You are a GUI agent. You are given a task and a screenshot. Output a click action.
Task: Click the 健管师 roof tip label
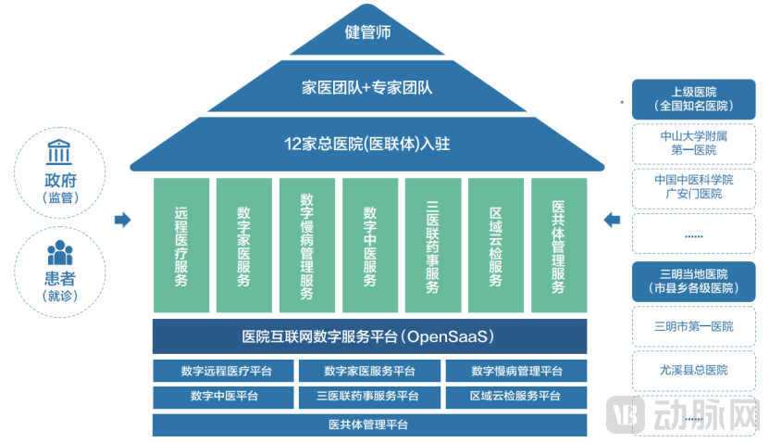(x=368, y=32)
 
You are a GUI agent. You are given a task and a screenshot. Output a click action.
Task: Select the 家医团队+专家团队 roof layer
(x=368, y=88)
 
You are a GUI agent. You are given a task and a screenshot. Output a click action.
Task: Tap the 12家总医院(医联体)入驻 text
(x=368, y=144)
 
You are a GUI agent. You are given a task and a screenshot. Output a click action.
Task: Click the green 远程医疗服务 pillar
(x=180, y=245)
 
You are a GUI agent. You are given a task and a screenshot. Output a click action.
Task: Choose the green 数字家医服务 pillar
(x=243, y=245)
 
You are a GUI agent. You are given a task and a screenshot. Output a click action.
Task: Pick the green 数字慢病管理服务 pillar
(x=306, y=245)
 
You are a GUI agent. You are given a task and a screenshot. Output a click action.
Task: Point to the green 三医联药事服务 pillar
(x=432, y=245)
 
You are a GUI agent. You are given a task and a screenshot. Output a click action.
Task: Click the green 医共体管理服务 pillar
(x=558, y=245)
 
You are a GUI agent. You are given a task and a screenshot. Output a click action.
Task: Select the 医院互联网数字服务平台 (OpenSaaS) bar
(x=369, y=335)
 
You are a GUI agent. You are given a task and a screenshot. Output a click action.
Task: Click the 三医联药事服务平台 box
(x=368, y=397)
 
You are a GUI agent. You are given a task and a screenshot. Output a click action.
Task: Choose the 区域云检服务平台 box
(x=515, y=397)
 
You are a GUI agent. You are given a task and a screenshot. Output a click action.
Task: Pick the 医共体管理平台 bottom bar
(x=369, y=425)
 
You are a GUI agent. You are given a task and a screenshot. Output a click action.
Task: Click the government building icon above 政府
(x=60, y=152)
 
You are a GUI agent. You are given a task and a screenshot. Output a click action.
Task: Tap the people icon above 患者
(x=60, y=252)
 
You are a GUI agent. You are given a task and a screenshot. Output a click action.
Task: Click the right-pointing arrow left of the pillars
(x=122, y=220)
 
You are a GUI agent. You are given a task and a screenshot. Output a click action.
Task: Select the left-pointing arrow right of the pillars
(x=612, y=220)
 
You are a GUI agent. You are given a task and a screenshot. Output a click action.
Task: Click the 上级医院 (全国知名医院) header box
(x=694, y=99)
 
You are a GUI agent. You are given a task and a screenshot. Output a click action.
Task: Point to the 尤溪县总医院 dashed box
(x=694, y=370)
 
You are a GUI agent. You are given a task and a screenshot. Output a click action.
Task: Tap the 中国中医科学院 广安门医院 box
(x=694, y=187)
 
